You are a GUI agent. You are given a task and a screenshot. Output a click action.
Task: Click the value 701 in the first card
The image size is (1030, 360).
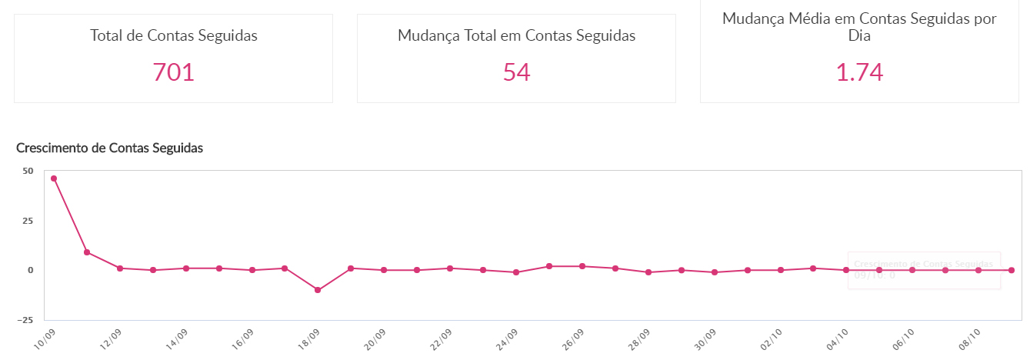pyautogui.click(x=173, y=72)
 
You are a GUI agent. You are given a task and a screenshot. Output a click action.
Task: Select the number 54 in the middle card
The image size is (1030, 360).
pyautogui.click(x=516, y=72)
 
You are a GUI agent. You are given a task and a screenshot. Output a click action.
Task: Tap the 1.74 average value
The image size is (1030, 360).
pyautogui.click(x=859, y=72)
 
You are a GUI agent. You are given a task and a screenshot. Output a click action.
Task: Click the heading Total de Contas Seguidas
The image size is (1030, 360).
pyautogui.click(x=173, y=35)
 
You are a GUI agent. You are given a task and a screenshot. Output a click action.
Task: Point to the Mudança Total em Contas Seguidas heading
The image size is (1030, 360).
pyautogui.click(x=516, y=35)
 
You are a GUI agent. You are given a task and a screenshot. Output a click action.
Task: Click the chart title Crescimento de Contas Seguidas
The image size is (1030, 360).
pyautogui.click(x=109, y=148)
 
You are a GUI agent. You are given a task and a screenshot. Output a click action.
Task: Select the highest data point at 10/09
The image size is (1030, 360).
pyautogui.click(x=54, y=178)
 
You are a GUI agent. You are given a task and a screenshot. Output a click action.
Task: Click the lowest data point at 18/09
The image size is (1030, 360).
pyautogui.click(x=318, y=290)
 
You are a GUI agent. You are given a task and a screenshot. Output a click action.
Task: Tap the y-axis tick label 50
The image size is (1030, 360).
pyautogui.click(x=28, y=171)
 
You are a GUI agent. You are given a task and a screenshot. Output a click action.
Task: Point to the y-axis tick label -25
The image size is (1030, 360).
pyautogui.click(x=25, y=320)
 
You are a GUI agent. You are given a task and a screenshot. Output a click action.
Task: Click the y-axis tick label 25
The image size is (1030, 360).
pyautogui.click(x=28, y=221)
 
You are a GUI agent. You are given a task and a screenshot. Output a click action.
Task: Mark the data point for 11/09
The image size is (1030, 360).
pyautogui.click(x=87, y=252)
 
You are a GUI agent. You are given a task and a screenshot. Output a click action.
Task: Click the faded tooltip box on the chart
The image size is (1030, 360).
pyautogui.click(x=923, y=270)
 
